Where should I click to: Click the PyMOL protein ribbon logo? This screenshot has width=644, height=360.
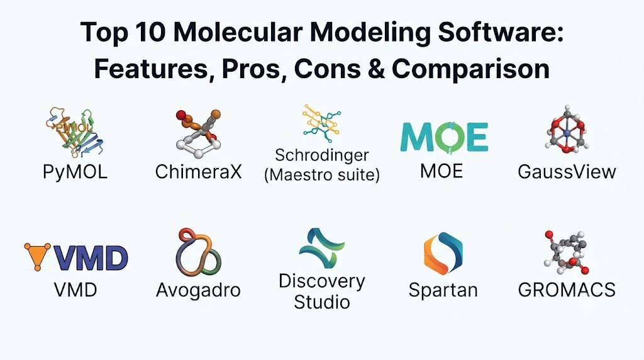(74, 132)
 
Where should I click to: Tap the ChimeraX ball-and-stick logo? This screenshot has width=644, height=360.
(198, 134)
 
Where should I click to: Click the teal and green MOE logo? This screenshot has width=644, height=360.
(444, 137)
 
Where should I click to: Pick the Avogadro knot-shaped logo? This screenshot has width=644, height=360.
(198, 252)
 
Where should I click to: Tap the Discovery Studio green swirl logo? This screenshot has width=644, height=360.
(321, 248)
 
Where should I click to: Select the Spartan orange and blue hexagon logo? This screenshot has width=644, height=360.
(443, 254)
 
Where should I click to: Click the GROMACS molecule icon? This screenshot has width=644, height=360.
(567, 253)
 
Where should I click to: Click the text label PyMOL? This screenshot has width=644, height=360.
(75, 171)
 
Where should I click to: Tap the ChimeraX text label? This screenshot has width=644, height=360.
(199, 172)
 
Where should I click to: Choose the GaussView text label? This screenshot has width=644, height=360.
(567, 172)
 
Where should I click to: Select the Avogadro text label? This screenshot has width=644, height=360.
(198, 291)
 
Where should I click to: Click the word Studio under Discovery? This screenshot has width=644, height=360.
(322, 302)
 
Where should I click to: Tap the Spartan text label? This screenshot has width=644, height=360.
(443, 290)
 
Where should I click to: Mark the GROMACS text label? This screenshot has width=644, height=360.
(567, 290)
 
